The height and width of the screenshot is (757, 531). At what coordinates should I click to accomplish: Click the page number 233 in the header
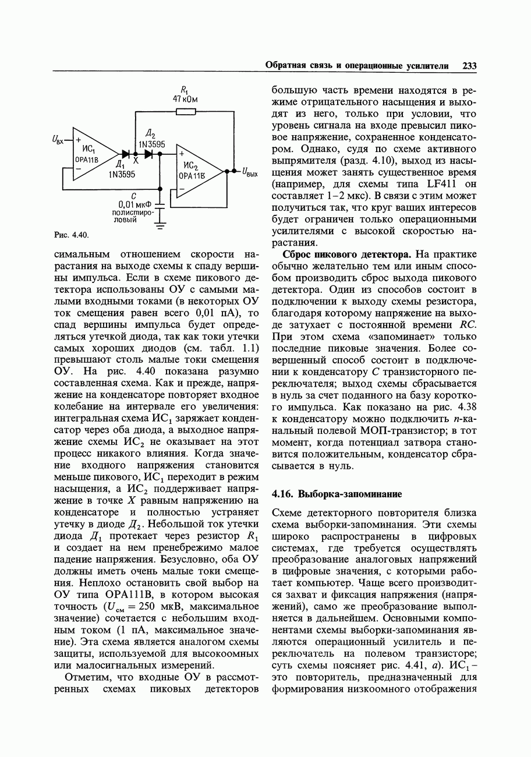469,66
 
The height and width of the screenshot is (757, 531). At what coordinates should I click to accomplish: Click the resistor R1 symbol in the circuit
185,111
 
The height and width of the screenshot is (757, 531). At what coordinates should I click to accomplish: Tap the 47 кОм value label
185,100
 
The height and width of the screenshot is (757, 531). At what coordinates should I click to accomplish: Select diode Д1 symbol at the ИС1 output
125,154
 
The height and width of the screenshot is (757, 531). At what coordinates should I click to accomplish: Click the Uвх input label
58,140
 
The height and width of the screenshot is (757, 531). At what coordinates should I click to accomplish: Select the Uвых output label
250,172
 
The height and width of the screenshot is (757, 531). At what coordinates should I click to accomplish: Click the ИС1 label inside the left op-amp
88,148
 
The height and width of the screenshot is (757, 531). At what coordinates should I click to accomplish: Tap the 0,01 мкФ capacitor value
134,204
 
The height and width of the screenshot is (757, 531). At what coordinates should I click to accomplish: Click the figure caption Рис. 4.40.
70,235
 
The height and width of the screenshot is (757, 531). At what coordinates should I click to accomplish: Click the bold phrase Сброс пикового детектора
348,254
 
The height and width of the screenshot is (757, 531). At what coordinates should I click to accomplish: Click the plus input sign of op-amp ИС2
182,153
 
